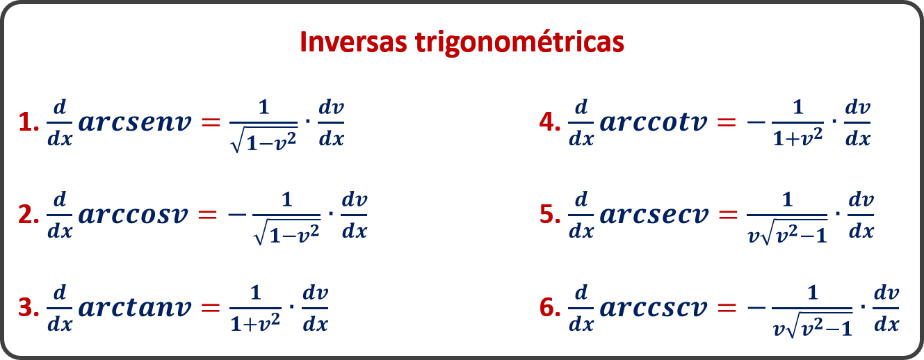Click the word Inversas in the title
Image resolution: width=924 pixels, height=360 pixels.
353,42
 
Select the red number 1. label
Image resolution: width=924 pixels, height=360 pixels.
29,122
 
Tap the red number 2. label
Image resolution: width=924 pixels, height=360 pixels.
29,215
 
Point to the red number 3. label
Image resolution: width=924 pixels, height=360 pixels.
29,308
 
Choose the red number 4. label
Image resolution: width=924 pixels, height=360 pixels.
550,122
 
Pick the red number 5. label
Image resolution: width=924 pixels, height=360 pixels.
550,215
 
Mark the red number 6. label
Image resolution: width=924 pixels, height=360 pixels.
550,308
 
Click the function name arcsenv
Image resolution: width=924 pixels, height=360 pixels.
135,123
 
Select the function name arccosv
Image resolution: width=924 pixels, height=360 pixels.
133,215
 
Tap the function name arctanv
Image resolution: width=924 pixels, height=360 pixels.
135,307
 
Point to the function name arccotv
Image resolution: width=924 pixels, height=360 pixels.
654,122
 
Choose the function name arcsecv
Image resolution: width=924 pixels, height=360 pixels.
654,215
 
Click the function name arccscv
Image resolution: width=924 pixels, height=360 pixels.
654,308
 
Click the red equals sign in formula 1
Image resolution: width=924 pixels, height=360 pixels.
211,122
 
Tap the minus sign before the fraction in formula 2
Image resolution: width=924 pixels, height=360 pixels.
237,215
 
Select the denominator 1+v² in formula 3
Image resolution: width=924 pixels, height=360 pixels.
255,323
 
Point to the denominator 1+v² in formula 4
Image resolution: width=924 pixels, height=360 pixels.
797,138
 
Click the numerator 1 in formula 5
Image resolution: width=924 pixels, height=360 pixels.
787,199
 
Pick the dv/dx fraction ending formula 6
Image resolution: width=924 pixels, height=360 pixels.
886,308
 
